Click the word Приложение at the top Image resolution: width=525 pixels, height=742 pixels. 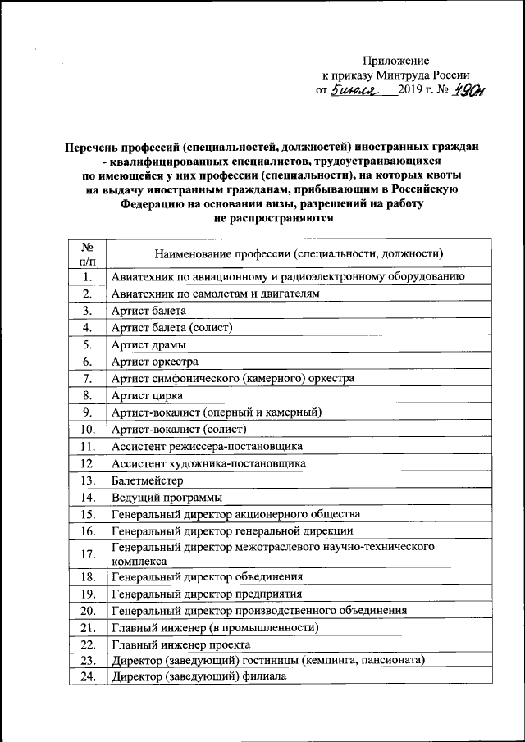pos(395,61)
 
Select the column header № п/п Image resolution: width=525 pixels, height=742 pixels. pos(86,253)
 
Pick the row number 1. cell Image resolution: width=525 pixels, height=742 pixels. pos(86,277)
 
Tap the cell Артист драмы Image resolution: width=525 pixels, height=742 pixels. pos(148,344)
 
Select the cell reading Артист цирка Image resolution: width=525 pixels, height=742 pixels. pos(147,395)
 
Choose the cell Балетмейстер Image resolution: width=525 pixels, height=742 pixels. pos(148,480)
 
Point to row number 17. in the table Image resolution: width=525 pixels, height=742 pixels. pos(87,554)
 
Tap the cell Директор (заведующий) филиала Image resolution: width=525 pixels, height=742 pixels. pos(198,678)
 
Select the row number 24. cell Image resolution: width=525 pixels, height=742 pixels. pos(87,678)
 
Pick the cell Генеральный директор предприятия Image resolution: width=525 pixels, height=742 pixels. pos(206,594)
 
